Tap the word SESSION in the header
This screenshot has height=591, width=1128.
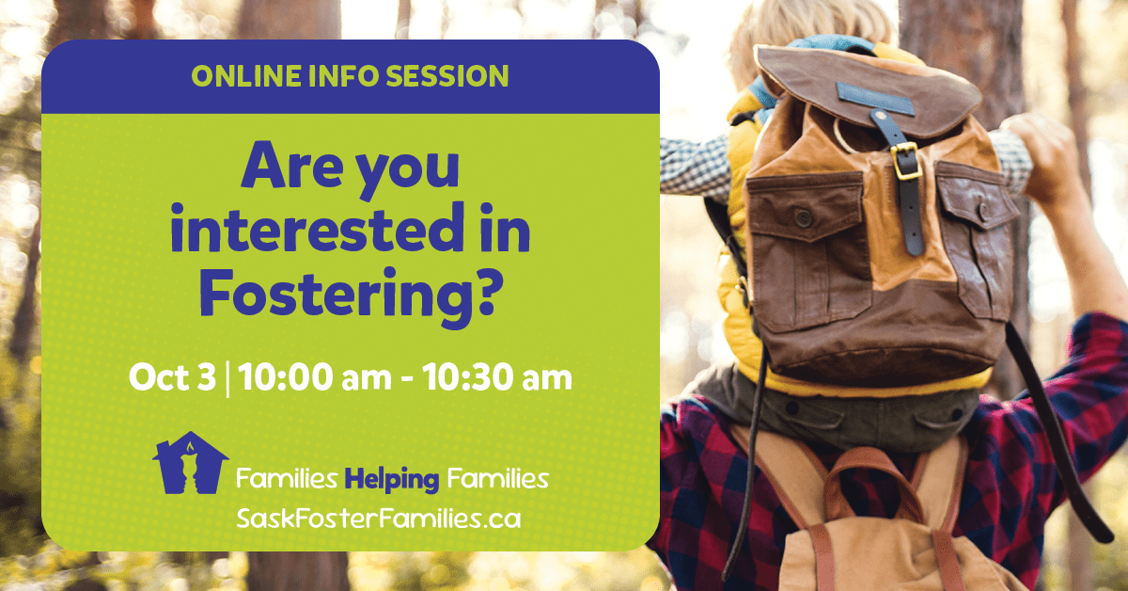(x=447, y=76)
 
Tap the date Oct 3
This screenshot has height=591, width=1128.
(x=172, y=377)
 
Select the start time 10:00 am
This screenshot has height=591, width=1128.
(x=315, y=377)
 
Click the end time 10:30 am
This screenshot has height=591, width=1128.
(x=497, y=377)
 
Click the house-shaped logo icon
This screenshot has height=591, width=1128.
(x=191, y=463)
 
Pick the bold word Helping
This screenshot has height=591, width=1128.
(x=392, y=479)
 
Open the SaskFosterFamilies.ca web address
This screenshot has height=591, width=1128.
(x=379, y=519)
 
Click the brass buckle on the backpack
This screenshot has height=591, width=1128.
(x=906, y=161)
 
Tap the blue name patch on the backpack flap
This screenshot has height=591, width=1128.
(x=875, y=99)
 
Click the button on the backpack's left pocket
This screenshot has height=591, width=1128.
(x=803, y=217)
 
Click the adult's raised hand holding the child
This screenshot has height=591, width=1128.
(x=1042, y=152)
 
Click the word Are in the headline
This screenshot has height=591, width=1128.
(x=292, y=165)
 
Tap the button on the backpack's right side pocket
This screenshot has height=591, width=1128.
(x=983, y=212)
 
